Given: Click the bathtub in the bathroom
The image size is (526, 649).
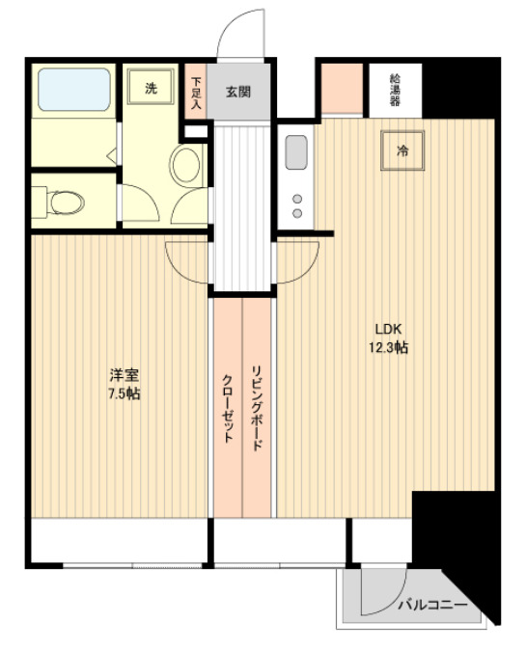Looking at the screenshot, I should [73, 93].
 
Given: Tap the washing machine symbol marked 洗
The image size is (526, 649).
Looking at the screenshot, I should [151, 88].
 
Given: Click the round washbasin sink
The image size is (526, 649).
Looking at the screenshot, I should [185, 165].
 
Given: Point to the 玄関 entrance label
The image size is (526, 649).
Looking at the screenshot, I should [238, 93].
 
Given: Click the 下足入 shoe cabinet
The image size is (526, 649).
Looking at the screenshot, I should [196, 92].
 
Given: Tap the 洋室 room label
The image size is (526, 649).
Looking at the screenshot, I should [123, 375].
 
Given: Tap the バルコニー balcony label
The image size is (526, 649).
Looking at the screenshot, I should [434, 606].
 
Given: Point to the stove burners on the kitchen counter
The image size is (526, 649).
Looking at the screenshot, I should [296, 204].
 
